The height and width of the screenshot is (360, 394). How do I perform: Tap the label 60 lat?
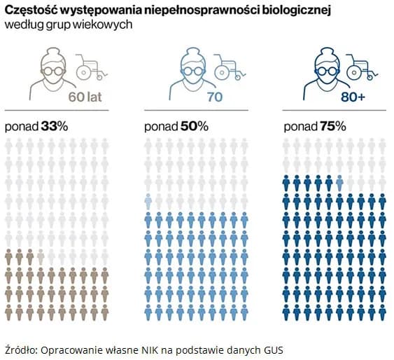pyautogui.click(x=85, y=97)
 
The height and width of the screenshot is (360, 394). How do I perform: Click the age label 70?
pyautogui.click(x=213, y=97)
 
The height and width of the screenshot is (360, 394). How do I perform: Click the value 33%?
pyautogui.click(x=55, y=127)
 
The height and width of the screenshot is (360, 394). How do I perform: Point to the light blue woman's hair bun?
pyautogui.click(x=185, y=51)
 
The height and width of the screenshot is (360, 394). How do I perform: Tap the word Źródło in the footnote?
pyautogui.click(x=20, y=348)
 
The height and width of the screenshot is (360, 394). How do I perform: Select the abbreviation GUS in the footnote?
pyautogui.click(x=274, y=348)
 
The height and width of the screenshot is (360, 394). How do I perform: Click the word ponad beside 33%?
pyautogui.click(x=21, y=127)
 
